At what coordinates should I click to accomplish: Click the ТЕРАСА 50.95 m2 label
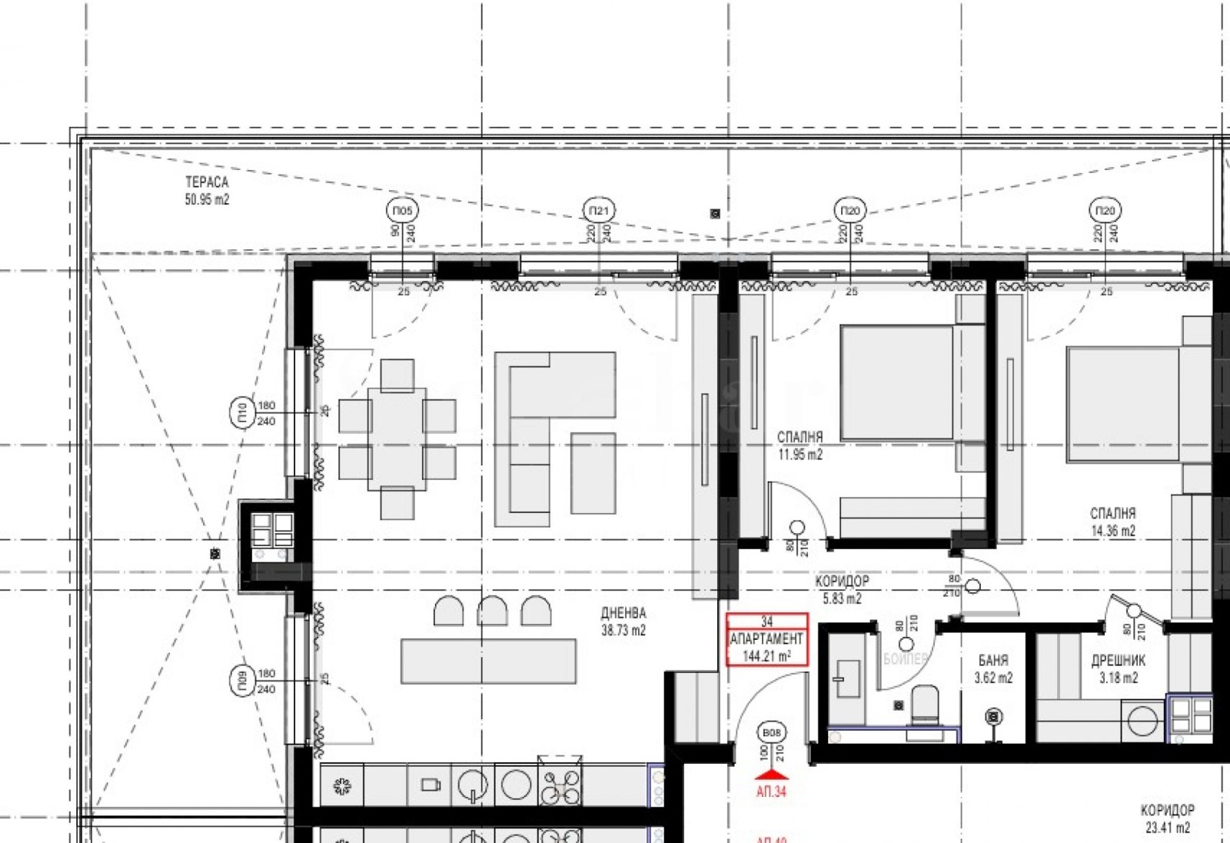point(207,191)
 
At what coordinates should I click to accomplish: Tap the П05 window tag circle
point(402,210)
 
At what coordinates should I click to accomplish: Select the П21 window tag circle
point(599,210)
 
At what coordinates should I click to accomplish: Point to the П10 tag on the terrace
point(241,413)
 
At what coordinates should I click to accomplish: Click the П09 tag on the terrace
point(241,681)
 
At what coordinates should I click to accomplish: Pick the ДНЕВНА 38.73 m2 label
point(623,621)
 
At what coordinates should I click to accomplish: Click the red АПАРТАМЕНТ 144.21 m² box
point(767,638)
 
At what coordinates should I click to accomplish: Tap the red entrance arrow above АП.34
point(772,775)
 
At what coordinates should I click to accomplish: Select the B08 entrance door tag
point(771,732)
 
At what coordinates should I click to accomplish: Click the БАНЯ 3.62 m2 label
point(993,668)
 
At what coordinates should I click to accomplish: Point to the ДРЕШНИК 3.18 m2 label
point(1118,668)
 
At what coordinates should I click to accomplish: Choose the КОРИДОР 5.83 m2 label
point(842,589)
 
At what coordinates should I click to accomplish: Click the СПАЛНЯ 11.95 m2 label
point(799,445)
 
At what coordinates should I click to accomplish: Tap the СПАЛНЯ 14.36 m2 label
point(1112,521)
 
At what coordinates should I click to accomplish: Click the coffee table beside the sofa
point(593,472)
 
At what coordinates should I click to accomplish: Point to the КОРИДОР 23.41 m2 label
point(1167,818)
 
